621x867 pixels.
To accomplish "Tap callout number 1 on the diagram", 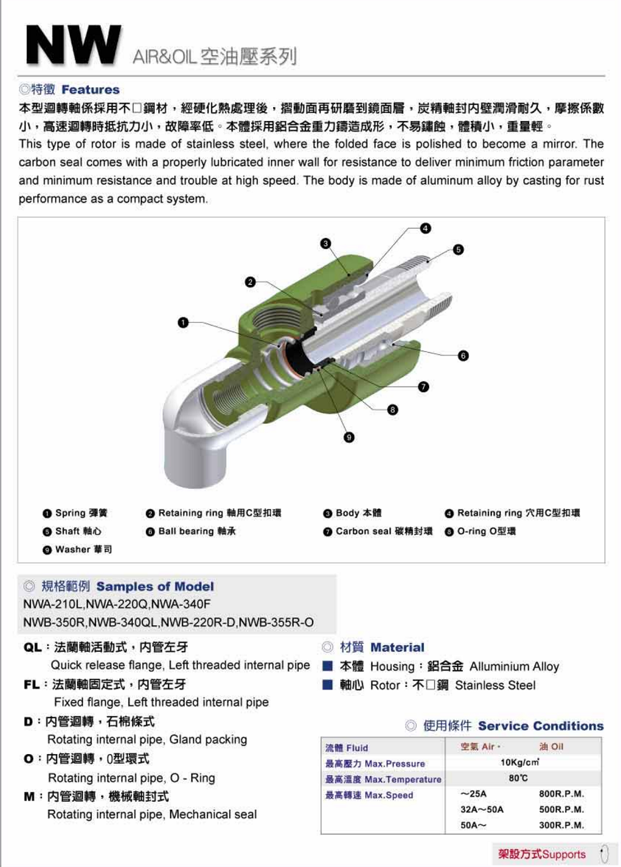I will [x=183, y=323].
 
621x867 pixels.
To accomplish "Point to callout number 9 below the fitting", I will [x=349, y=436].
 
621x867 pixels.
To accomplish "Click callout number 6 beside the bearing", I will [x=463, y=356].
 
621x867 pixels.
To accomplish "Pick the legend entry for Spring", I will [x=75, y=513].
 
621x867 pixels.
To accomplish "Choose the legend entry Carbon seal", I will [x=377, y=531].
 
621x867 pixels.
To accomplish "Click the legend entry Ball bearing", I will [x=191, y=531].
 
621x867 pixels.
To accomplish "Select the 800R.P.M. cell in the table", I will [x=561, y=794].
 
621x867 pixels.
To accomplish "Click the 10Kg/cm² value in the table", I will [x=519, y=763].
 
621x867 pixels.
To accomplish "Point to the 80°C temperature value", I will [x=518, y=778].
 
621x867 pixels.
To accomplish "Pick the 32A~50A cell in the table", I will [x=482, y=810].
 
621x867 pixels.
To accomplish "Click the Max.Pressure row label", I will [x=375, y=763].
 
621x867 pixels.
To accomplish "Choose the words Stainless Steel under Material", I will [x=495, y=685].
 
